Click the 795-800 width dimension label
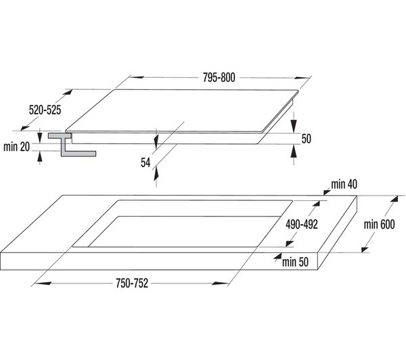[219, 77]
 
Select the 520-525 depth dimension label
[45, 110]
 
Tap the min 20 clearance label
[16, 147]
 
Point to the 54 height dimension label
[145, 162]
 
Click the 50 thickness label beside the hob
[307, 139]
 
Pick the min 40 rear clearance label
[344, 184]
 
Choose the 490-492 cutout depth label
[302, 224]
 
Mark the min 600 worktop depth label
[380, 224]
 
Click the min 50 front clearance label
[295, 262]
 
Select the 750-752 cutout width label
[132, 283]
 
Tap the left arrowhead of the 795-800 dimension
[137, 77]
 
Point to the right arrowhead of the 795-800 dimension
[303, 77]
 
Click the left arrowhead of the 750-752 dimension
[43, 284]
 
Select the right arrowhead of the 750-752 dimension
[219, 284]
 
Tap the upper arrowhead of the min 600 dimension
[394, 199]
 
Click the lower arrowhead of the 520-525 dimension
[25, 127]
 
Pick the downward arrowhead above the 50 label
[294, 127]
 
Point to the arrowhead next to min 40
[327, 192]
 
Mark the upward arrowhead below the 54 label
[156, 174]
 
